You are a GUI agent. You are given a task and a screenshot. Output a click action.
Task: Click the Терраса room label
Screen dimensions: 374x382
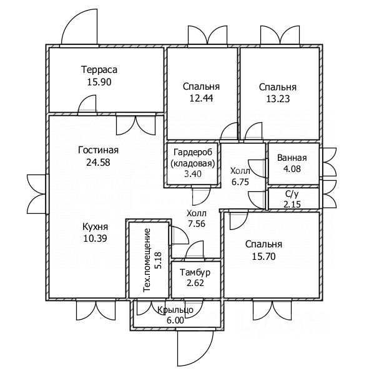(99, 70)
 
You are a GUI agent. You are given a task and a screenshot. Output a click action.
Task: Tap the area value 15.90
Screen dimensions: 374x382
(99, 82)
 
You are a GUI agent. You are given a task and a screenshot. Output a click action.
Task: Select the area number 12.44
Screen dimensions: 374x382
(201, 98)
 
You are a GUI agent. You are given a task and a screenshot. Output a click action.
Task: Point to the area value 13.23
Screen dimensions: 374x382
(278, 99)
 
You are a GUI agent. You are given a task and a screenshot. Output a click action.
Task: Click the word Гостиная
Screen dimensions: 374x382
(98, 150)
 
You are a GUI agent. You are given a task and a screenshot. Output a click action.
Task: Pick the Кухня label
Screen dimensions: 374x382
(95, 227)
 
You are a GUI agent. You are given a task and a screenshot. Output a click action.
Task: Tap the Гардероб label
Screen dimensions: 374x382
(193, 152)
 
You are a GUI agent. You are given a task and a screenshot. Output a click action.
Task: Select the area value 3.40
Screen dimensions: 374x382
(193, 174)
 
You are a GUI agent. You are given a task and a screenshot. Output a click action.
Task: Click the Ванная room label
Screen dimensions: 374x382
(292, 158)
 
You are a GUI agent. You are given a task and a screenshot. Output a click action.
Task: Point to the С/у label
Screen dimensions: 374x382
(292, 194)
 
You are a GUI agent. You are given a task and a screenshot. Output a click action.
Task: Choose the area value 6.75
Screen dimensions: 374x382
(240, 182)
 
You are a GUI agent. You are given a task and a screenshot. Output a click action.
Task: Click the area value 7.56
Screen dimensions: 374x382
(197, 223)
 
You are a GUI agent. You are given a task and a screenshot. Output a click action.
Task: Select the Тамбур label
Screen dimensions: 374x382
(195, 272)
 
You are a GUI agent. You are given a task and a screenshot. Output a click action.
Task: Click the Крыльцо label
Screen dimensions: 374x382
(175, 310)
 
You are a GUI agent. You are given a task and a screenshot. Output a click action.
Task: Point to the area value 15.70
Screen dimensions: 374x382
(263, 256)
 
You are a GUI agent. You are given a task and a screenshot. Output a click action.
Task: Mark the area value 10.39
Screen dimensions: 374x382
(95, 238)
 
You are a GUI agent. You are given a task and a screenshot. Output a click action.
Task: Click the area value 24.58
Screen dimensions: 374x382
(98, 162)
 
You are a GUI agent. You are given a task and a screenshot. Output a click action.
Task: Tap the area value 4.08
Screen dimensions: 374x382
(292, 169)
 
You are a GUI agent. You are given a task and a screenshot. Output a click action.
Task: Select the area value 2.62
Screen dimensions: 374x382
(195, 283)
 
